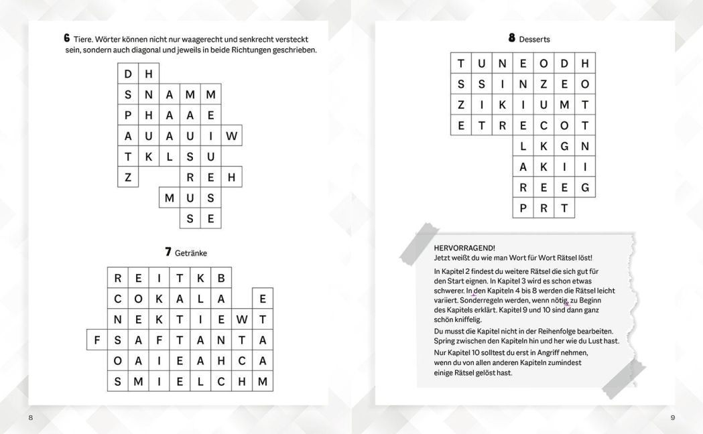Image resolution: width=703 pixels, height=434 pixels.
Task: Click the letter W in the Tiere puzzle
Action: [x=231, y=136]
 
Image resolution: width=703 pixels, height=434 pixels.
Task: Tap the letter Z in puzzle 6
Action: [x=128, y=177]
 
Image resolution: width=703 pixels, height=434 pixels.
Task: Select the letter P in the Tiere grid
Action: [x=128, y=115]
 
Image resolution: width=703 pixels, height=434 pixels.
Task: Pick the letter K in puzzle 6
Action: [x=149, y=156]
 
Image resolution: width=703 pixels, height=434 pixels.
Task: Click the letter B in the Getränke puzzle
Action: [x=221, y=278]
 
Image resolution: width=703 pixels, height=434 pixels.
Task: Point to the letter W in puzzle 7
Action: [x=242, y=319]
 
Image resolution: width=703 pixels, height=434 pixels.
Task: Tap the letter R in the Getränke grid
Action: [x=118, y=278]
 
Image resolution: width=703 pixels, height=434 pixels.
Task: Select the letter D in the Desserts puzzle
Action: [x=564, y=64]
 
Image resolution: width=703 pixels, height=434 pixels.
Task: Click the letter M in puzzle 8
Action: [x=564, y=104]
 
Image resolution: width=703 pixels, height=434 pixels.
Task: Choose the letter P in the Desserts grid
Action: [x=523, y=208]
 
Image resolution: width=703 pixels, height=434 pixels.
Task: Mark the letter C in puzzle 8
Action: [x=544, y=125]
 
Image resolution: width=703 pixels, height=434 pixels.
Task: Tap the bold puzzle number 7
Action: [x=168, y=252]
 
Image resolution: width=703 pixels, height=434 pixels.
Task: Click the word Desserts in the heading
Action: [x=534, y=40]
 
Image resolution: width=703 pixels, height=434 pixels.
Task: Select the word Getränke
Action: [x=191, y=253]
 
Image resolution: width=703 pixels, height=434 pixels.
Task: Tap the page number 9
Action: [x=672, y=418]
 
